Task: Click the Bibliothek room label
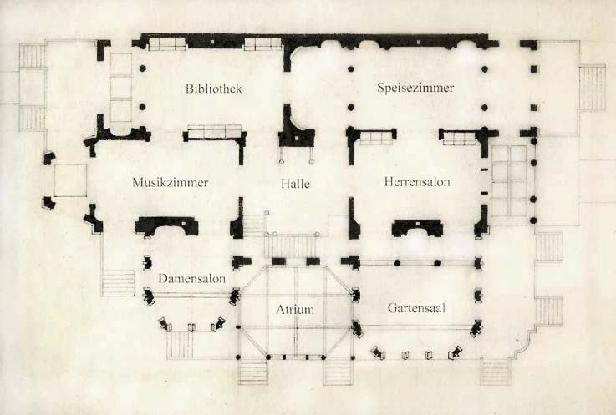pos(213,89)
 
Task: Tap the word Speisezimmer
pos(415,88)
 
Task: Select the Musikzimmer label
pos(170,181)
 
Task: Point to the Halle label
pos(296,184)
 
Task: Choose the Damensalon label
pos(191,278)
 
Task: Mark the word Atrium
pos(295,310)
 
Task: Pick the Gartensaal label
pos(415,308)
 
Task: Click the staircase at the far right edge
pos(592,88)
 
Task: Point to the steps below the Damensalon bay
pos(181,342)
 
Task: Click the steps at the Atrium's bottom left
pos(253,372)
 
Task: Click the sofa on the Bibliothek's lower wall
pos(214,132)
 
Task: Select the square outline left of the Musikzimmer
pos(70,180)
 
